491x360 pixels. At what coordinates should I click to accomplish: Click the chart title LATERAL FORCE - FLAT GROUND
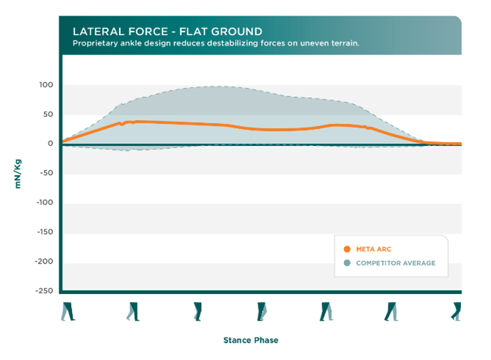[x=167, y=32]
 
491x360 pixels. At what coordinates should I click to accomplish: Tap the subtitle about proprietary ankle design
[x=216, y=43]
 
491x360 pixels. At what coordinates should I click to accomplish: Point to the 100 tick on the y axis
[x=46, y=85]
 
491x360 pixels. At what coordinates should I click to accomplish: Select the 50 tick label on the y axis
[x=48, y=114]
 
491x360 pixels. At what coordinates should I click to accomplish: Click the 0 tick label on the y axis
[x=51, y=144]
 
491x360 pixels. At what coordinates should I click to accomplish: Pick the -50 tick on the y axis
[x=47, y=173]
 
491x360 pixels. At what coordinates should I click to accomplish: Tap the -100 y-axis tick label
[x=45, y=202]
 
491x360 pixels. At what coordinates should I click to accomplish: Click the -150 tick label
[x=45, y=232]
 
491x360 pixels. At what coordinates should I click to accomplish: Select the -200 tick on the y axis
[x=45, y=261]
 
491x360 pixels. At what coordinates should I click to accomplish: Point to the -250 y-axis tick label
[x=45, y=290]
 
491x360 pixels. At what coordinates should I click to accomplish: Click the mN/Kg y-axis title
[x=18, y=173]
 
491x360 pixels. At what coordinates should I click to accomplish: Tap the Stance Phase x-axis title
[x=250, y=340]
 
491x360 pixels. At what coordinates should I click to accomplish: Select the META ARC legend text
[x=373, y=249]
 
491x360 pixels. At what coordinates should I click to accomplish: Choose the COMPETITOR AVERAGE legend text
[x=396, y=262]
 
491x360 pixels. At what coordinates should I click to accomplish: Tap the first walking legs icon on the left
[x=68, y=312]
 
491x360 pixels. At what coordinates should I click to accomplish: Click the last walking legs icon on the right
[x=457, y=312]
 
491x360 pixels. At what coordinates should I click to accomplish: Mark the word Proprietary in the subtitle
[x=95, y=43]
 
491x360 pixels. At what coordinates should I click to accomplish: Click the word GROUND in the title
[x=239, y=32]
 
